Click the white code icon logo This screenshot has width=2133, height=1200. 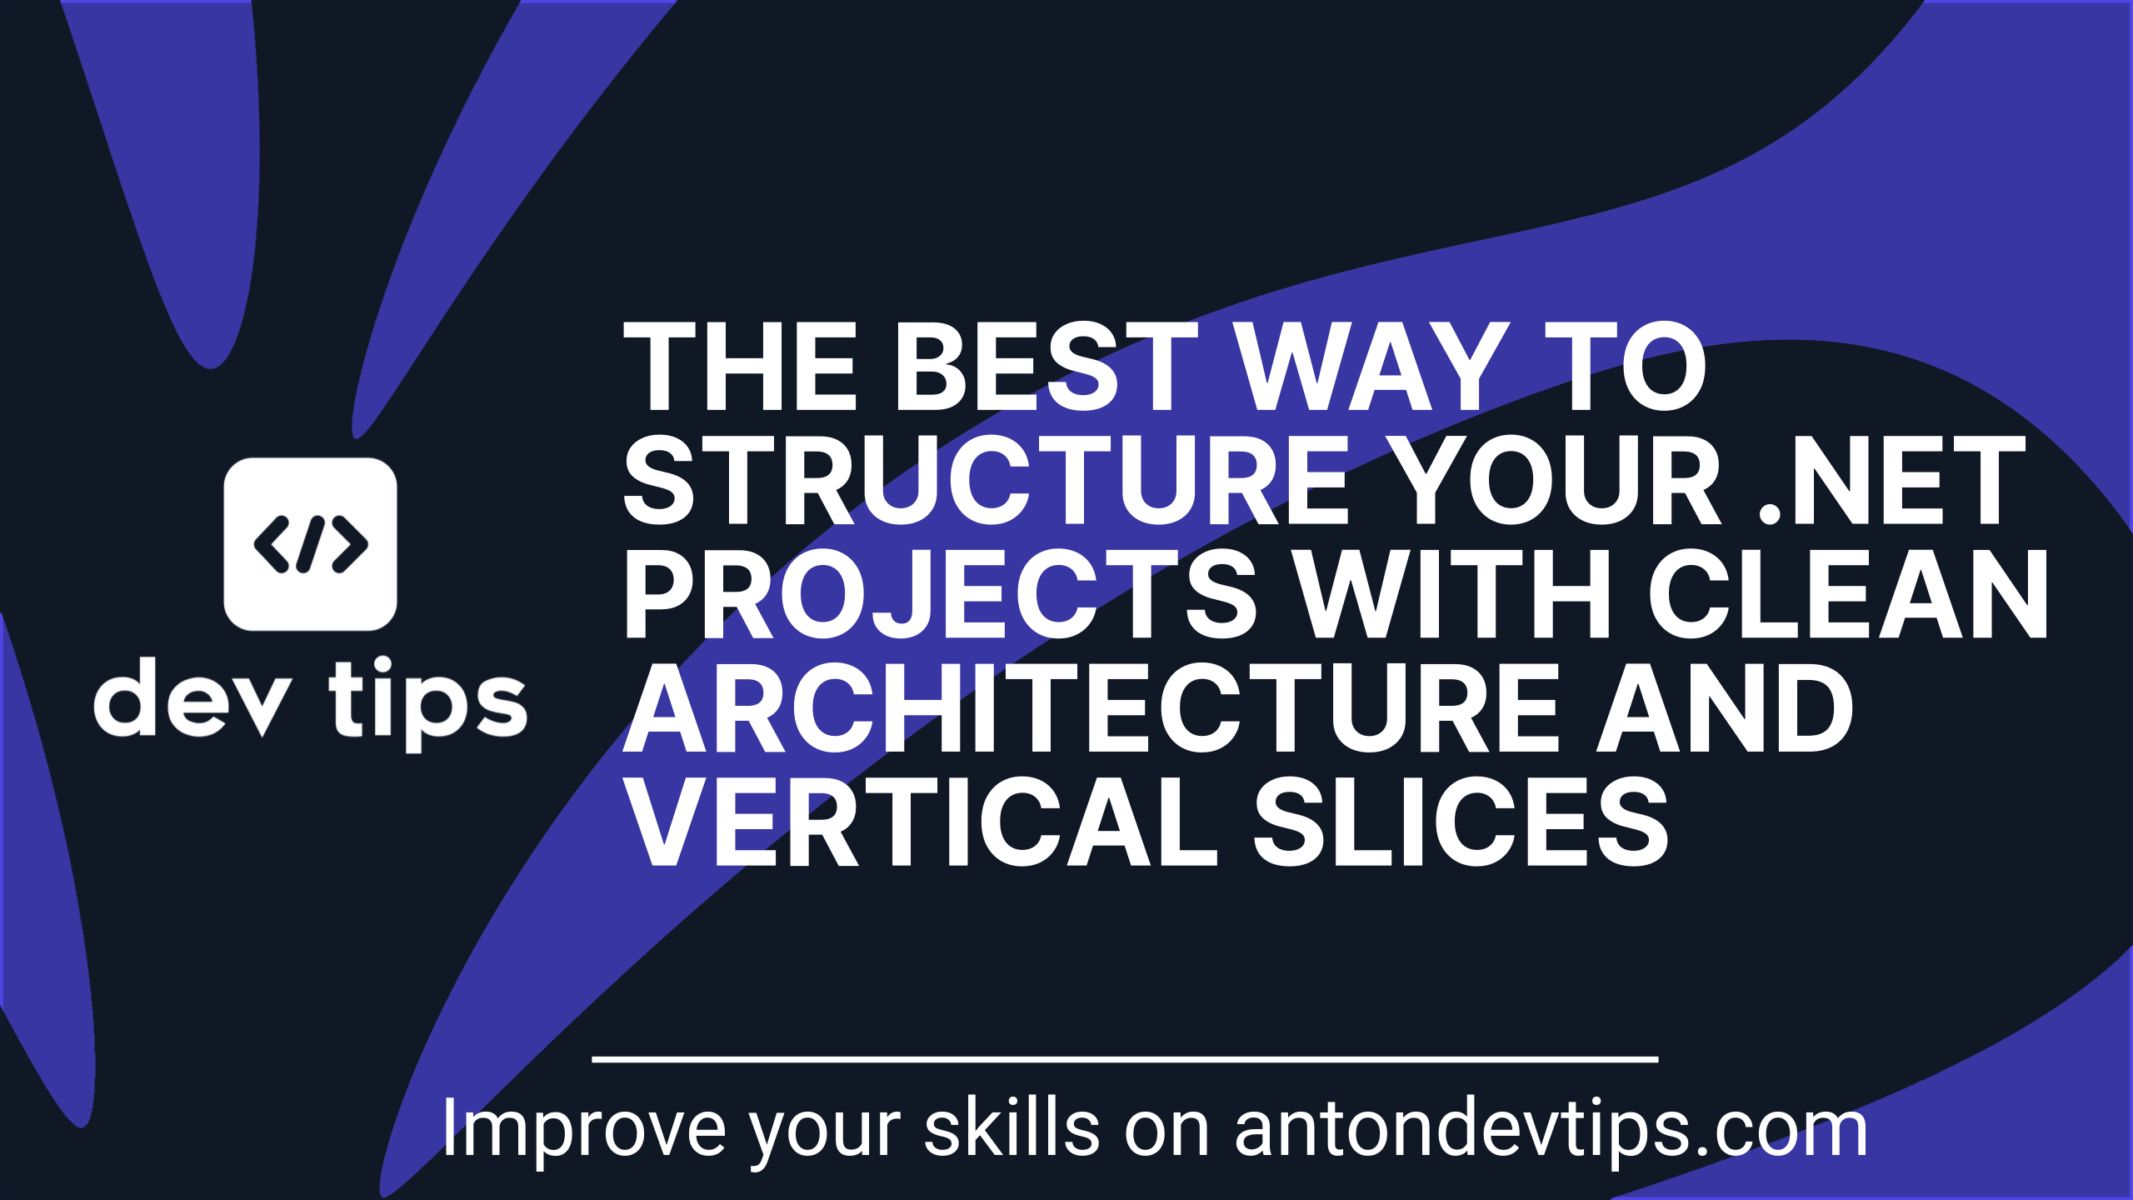(x=310, y=544)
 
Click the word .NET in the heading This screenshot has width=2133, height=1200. (x=1891, y=481)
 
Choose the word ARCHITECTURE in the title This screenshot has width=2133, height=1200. (x=1092, y=707)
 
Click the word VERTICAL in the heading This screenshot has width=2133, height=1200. (x=921, y=822)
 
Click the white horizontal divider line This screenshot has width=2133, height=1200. (x=1125, y=1059)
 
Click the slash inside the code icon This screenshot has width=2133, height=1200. (x=310, y=544)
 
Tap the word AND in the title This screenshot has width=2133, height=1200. (x=1725, y=707)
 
